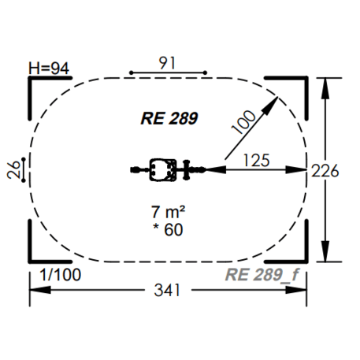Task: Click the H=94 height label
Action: click(49, 69)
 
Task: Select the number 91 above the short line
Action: click(167, 63)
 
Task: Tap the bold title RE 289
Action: click(169, 118)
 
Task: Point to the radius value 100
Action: click(243, 122)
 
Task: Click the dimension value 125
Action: click(257, 160)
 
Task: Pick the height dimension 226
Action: click(325, 171)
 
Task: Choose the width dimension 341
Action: click(167, 290)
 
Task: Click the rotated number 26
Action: click(13, 169)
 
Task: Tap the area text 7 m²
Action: click(168, 212)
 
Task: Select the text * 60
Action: click(168, 230)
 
